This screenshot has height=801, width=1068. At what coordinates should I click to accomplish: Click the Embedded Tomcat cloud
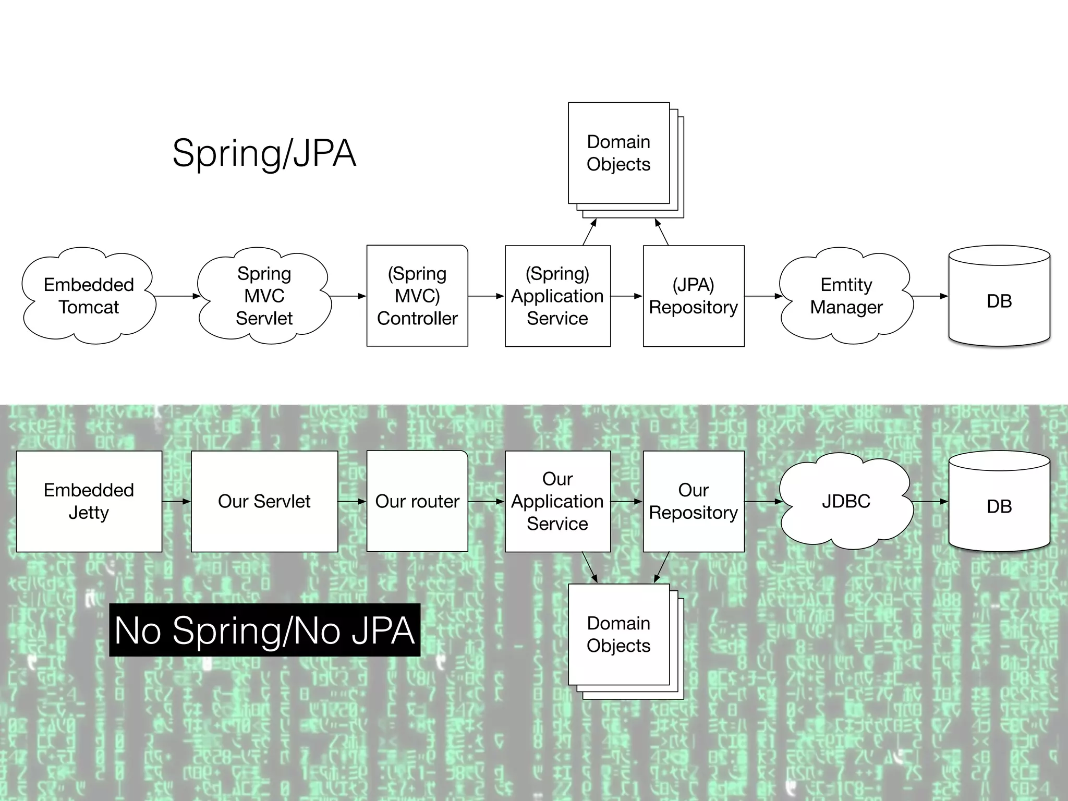tap(89, 296)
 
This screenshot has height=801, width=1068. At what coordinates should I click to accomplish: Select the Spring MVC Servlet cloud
tap(264, 296)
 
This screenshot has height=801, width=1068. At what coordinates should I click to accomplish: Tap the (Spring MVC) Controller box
tap(417, 296)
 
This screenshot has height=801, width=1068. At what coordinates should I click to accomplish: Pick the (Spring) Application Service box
tap(557, 296)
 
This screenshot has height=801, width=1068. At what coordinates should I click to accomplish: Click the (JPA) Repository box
tap(694, 296)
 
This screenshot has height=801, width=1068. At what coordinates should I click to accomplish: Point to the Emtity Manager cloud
tap(846, 296)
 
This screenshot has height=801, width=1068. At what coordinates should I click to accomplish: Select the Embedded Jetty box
tap(89, 501)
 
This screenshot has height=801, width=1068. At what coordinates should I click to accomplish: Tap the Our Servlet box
tap(264, 501)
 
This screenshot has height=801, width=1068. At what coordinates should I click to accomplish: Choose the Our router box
tap(417, 501)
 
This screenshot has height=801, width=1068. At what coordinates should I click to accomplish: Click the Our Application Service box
tap(557, 501)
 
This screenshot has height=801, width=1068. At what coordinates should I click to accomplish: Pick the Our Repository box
tap(694, 501)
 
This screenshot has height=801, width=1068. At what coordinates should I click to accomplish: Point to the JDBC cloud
tap(846, 501)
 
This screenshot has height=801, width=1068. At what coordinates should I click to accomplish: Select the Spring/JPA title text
tap(264, 153)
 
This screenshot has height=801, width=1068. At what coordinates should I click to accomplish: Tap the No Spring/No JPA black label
tap(264, 630)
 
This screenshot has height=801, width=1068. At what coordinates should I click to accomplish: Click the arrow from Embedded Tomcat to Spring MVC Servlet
tap(177, 296)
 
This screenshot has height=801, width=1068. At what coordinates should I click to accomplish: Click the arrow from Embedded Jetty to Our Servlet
tap(176, 502)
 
